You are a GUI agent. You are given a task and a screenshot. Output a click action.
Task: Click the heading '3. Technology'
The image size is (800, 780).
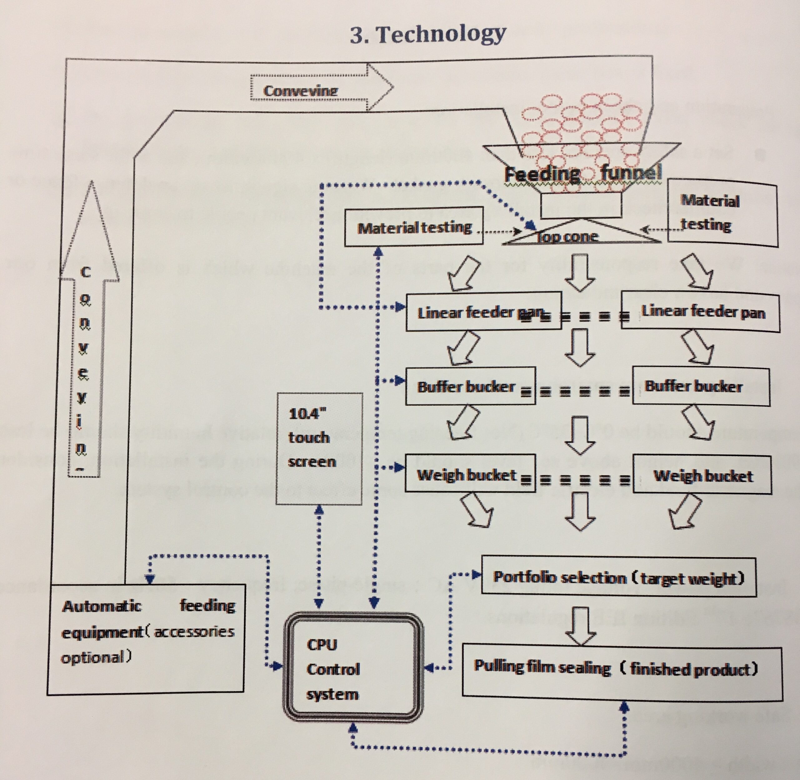pos(428,34)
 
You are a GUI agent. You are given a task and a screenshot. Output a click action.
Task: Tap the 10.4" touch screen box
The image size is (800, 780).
pos(319,449)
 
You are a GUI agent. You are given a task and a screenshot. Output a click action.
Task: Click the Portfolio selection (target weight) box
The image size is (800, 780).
pos(618,577)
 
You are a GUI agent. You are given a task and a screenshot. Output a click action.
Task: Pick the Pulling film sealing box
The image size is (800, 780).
pos(622,669)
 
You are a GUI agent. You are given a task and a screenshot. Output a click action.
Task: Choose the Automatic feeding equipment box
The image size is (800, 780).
pos(146,639)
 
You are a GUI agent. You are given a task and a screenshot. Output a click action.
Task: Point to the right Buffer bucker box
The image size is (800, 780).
pos(701,386)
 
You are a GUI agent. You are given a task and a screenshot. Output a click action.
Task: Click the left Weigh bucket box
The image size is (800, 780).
pos(470,474)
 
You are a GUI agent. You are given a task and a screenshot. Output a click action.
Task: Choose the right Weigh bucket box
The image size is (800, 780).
pos(702,475)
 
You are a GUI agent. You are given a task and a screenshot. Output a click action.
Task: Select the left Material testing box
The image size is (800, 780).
pos(414,227)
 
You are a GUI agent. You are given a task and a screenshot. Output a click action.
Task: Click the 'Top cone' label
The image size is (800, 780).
pos(567,236)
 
